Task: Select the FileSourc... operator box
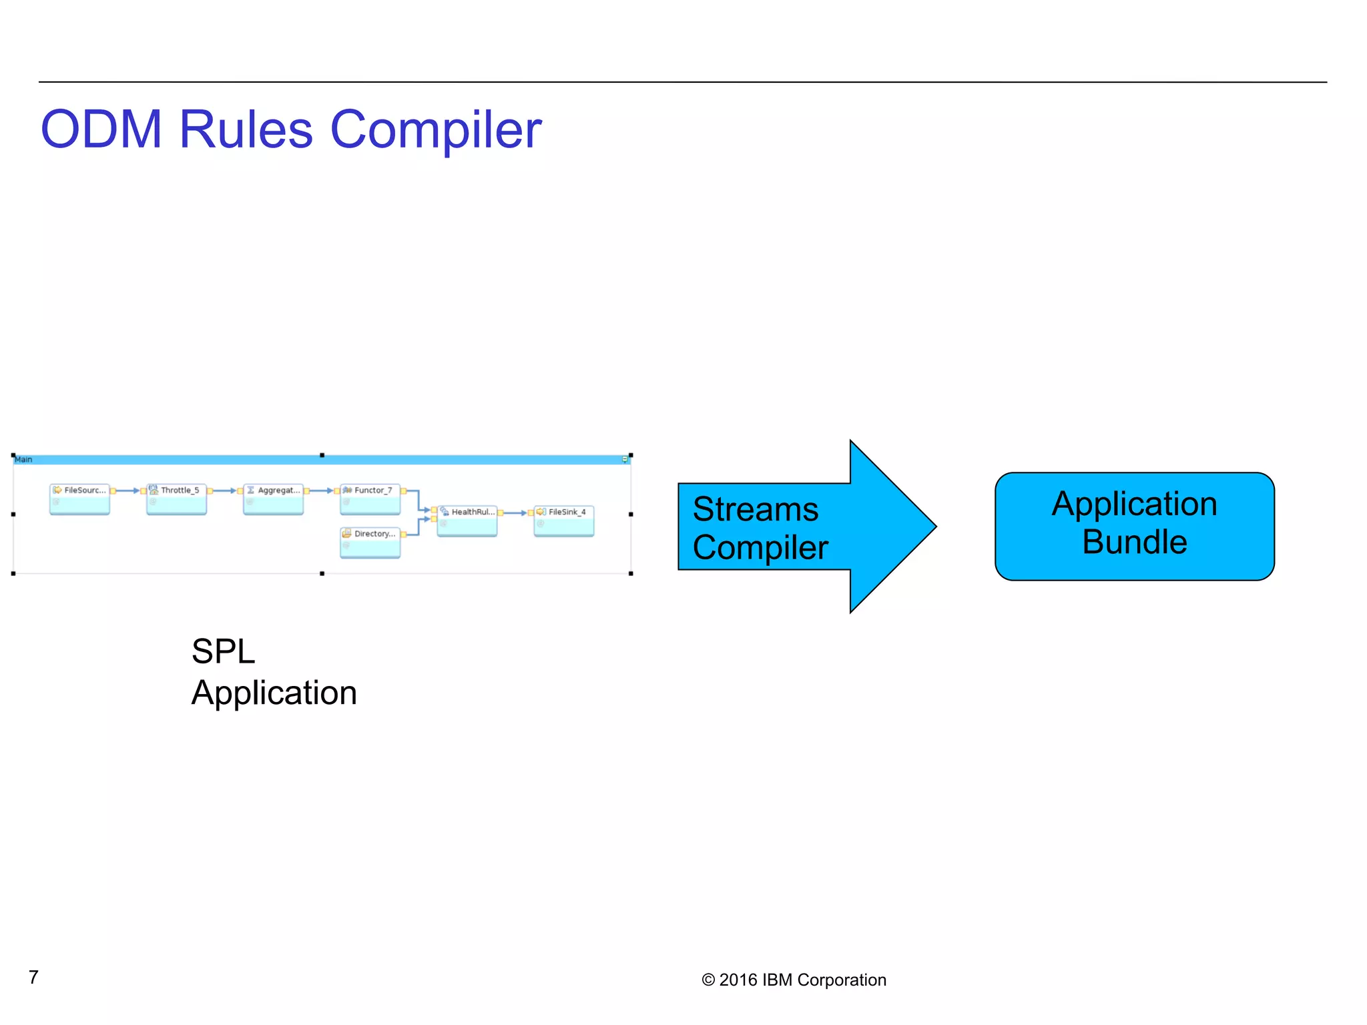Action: (x=79, y=499)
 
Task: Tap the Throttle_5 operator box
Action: (x=176, y=499)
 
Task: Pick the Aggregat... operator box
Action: (x=274, y=499)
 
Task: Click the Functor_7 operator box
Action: (x=370, y=499)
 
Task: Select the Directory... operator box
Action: (x=370, y=542)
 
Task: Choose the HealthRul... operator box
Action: (x=467, y=521)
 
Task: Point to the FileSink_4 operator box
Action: (x=564, y=521)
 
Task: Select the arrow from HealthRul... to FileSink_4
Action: (x=515, y=512)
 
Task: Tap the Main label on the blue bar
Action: (x=23, y=459)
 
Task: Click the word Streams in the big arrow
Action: (x=755, y=510)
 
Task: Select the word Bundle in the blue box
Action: (x=1134, y=542)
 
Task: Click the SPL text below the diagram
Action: (x=223, y=651)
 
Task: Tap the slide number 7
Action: (x=33, y=977)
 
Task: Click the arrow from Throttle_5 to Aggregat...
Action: (x=225, y=490)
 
